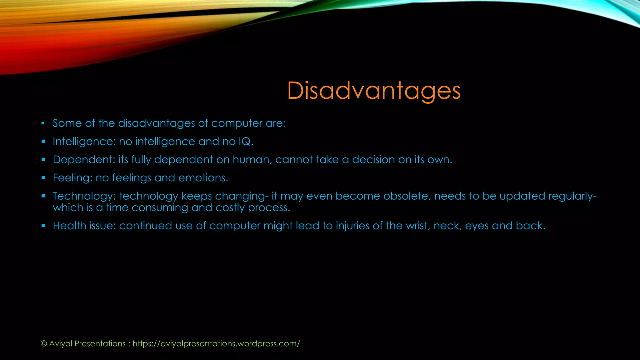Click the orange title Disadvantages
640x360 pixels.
374,91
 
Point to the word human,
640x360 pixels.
252,160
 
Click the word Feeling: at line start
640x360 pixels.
72,178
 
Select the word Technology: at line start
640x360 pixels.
84,196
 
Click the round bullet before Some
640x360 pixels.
43,123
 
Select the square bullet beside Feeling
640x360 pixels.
43,178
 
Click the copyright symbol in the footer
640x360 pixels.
44,344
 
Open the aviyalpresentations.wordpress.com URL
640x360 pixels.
216,344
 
